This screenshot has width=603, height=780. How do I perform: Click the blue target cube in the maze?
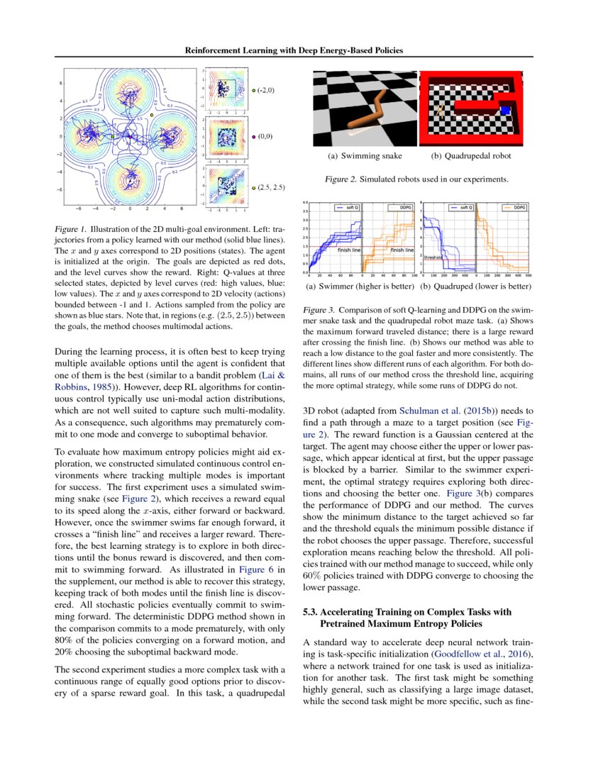(505, 110)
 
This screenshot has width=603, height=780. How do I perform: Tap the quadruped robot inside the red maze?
(441, 110)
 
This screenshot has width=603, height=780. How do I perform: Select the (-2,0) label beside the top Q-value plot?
(266, 90)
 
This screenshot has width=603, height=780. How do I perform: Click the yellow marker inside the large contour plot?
(152, 114)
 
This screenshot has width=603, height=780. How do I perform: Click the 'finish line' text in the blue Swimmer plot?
(349, 250)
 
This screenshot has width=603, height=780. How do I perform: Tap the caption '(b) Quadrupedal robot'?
(471, 156)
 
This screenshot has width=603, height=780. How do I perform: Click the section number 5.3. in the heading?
(314, 612)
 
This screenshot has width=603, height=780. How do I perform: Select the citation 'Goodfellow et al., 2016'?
(479, 653)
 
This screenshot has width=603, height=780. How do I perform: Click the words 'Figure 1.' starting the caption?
(70, 230)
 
